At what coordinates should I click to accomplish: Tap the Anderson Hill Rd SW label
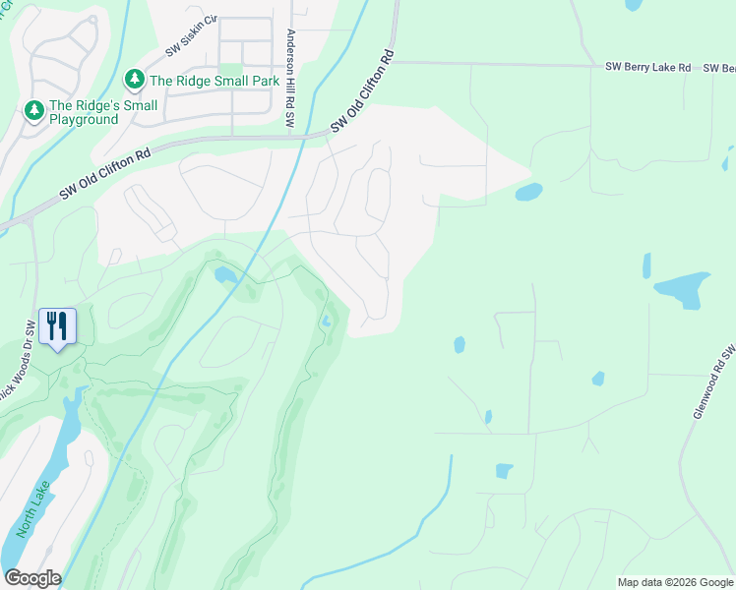pos(290,79)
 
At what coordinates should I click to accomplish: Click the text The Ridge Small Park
pos(211,78)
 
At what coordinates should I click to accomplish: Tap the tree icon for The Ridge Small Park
pos(134,78)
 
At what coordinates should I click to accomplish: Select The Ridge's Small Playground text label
pos(84,112)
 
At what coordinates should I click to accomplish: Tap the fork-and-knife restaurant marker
pos(56,324)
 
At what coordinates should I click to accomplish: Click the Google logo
pos(32,577)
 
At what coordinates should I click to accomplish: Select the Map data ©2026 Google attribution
pos(675,582)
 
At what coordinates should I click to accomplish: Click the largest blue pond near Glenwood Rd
pos(683,288)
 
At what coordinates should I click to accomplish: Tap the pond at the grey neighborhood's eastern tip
pos(528,191)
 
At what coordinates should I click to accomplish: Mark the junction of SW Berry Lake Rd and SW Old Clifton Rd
pos(396,62)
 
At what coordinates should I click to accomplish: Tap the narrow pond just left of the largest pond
pos(646,265)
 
